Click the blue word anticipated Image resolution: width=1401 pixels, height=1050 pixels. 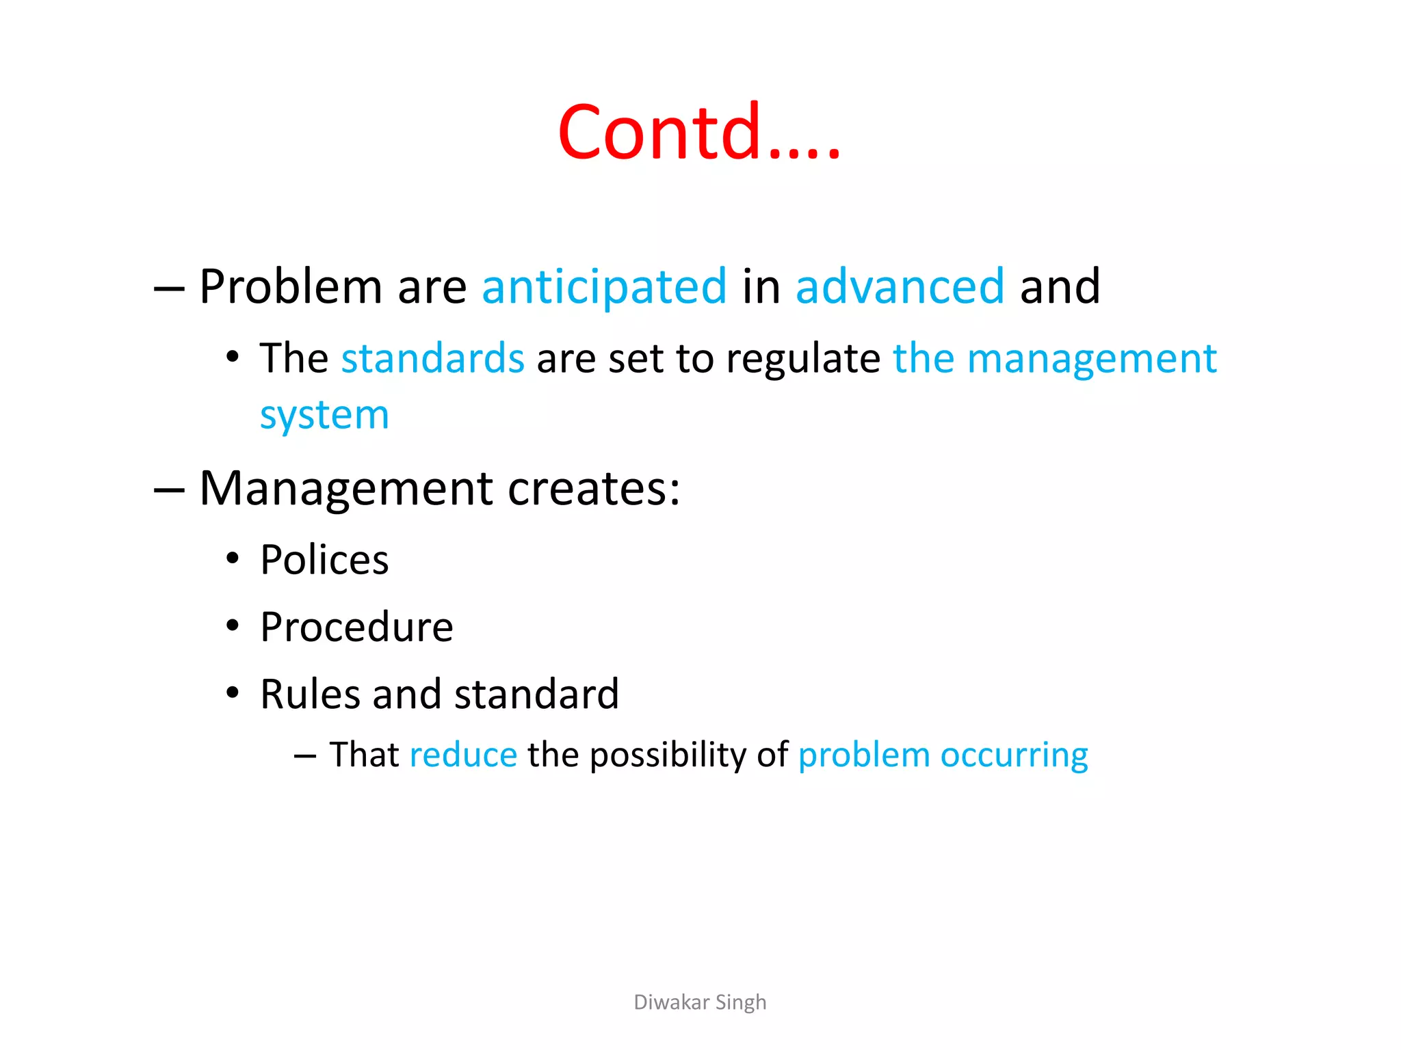pyautogui.click(x=604, y=286)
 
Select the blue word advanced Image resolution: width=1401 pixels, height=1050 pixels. pyautogui.click(x=900, y=286)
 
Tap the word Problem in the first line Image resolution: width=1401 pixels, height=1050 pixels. pyautogui.click(x=290, y=286)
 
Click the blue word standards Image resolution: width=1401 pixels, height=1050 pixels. pyautogui.click(x=432, y=358)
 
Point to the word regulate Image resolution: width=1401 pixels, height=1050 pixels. pyautogui.click(x=803, y=360)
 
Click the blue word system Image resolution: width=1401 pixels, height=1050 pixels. pyautogui.click(x=324, y=416)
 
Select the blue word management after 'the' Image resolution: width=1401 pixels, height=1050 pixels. pyautogui.click(x=1092, y=360)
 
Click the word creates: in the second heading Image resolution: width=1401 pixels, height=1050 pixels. pyautogui.click(x=594, y=489)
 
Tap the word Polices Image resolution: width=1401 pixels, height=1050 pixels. pyautogui.click(x=324, y=561)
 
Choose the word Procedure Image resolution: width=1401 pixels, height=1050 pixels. pyautogui.click(x=356, y=628)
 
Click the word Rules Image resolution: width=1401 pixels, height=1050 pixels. pyautogui.click(x=310, y=695)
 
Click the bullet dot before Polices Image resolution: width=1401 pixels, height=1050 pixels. pyautogui.click(x=233, y=559)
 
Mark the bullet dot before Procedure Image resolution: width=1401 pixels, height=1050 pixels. pyautogui.click(x=233, y=626)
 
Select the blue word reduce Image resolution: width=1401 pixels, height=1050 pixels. pyautogui.click(x=463, y=755)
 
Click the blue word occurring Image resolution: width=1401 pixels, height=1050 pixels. pyautogui.click(x=1014, y=756)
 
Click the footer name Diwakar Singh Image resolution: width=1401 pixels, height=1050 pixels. pyautogui.click(x=700, y=1002)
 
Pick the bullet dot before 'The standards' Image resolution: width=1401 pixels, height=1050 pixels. pyautogui.click(x=233, y=358)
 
